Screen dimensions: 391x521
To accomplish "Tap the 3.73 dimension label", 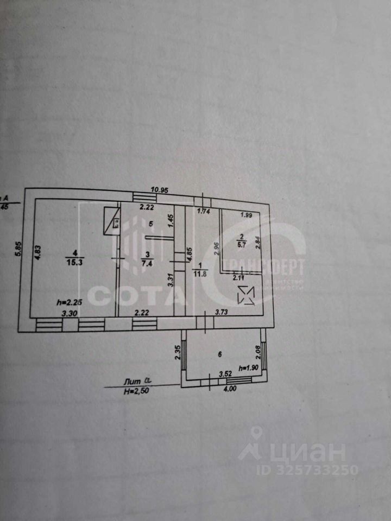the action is [222, 312].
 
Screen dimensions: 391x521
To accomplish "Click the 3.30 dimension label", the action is [67, 313].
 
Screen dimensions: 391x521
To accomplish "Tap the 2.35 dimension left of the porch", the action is [177, 353].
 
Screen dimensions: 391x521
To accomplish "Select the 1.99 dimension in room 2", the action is [247, 214].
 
